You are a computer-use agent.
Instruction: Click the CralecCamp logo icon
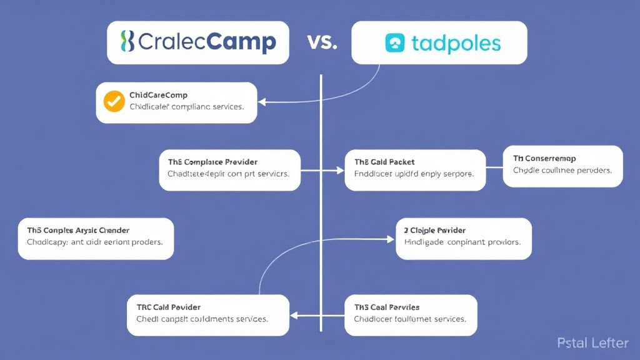pos(127,42)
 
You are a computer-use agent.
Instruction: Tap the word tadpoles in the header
pos(456,43)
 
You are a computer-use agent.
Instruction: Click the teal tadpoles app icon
pos(394,42)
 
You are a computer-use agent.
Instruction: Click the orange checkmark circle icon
pos(114,101)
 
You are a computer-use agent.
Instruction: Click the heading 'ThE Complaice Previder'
pos(212,162)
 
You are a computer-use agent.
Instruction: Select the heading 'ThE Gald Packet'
pos(384,162)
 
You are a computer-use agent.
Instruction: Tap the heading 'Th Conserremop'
pos(544,158)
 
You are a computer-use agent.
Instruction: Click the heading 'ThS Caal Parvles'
pos(387,307)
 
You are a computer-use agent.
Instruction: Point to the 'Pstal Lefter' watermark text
pos(592,342)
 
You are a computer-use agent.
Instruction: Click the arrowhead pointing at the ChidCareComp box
pos(262,101)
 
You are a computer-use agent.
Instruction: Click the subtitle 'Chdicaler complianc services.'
pos(186,107)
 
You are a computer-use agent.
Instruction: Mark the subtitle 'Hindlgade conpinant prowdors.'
pos(462,242)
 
